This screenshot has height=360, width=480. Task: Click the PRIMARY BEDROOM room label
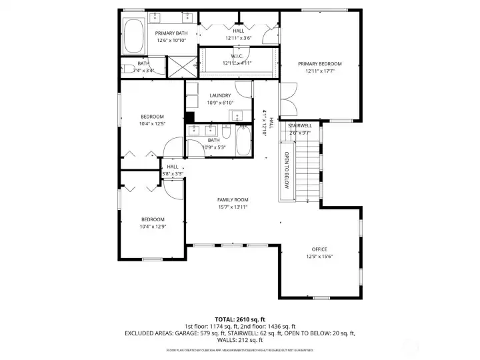(x=319, y=64)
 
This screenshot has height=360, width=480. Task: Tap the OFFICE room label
(x=319, y=249)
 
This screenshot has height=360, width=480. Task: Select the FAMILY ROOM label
(x=233, y=200)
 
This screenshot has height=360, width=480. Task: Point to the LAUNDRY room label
(x=219, y=96)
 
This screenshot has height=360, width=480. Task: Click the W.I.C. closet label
(x=237, y=56)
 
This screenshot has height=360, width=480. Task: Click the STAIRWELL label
(x=299, y=125)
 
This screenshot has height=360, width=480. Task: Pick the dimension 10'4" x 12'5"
(x=152, y=123)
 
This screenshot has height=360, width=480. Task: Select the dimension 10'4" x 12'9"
(x=152, y=227)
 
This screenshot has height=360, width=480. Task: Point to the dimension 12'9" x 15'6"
(x=319, y=257)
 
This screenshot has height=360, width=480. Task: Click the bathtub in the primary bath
(x=135, y=37)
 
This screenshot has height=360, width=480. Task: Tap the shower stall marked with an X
(x=182, y=67)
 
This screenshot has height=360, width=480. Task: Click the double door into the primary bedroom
(x=287, y=100)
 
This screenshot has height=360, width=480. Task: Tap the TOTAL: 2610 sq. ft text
(x=240, y=319)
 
